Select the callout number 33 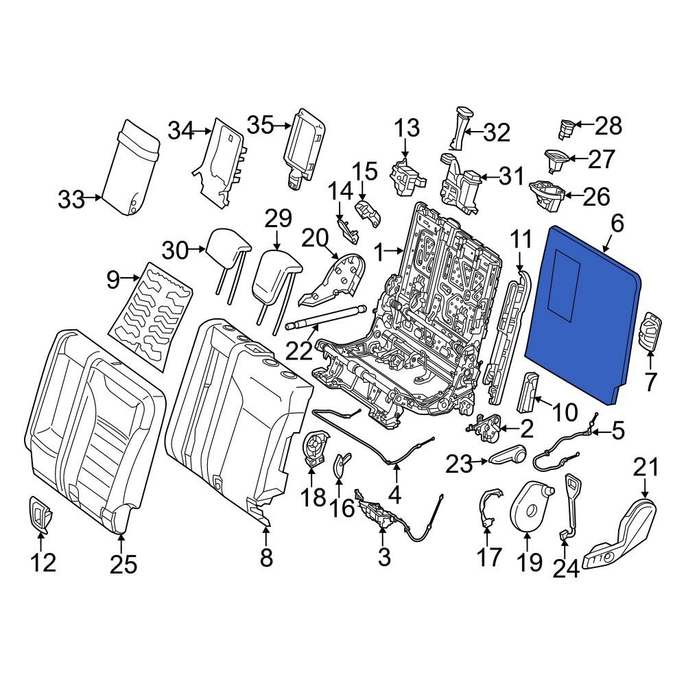pos(71,200)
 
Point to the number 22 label pos(300,350)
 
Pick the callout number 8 pos(266,557)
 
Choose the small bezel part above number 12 pos(40,515)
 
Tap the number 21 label pos(646,466)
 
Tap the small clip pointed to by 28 pos(565,130)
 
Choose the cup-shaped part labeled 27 pos(556,161)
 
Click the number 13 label pos(407,128)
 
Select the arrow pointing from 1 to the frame pos(396,250)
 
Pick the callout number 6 pos(617,224)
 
